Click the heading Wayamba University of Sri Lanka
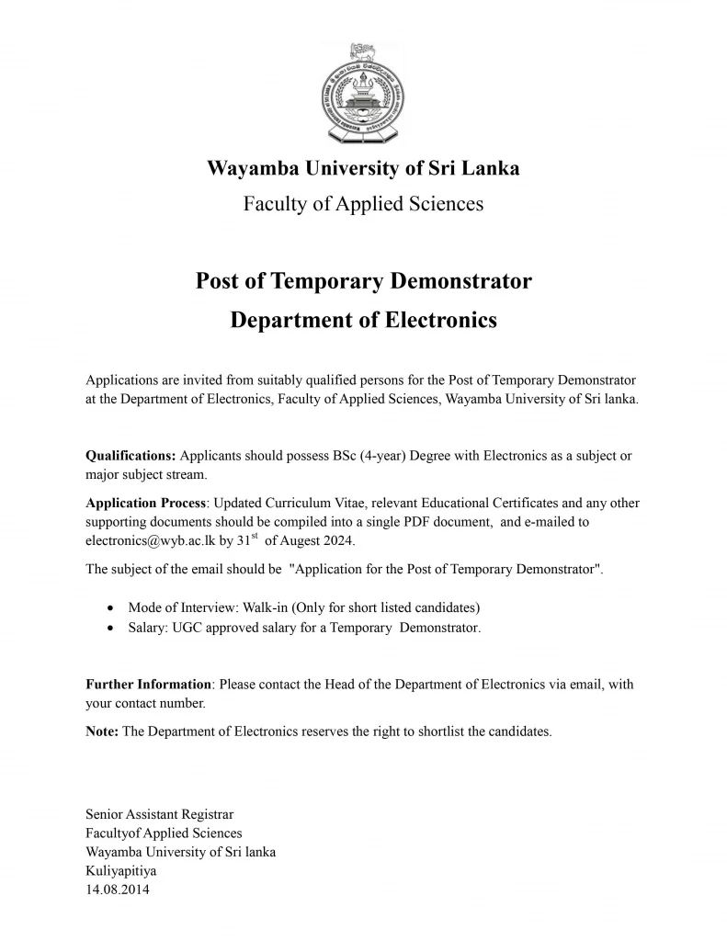point(363,169)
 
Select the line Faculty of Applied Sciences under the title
point(363,203)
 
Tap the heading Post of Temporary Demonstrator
point(363,280)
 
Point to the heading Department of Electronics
point(363,320)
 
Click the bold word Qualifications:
point(131,456)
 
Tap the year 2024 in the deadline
point(335,540)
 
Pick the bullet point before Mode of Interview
point(110,608)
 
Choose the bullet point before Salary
point(110,629)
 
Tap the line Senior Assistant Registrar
point(159,814)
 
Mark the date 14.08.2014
point(117,890)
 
